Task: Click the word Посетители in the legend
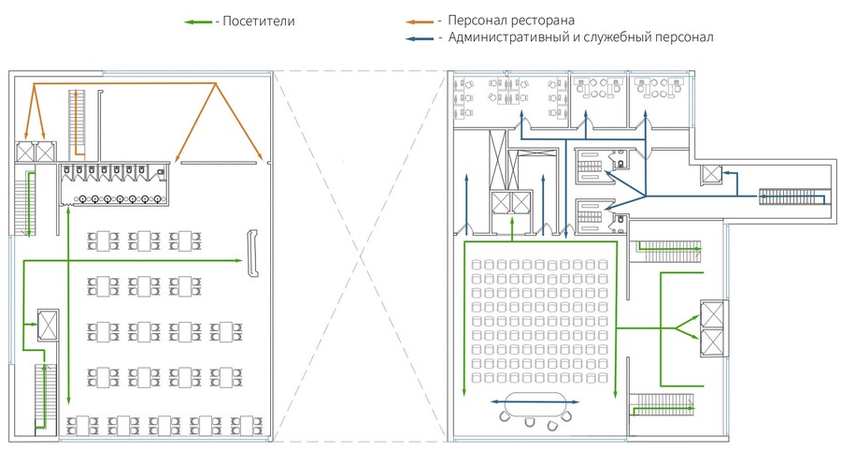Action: (x=259, y=22)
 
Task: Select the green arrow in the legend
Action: (x=198, y=22)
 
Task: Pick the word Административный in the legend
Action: (x=501, y=37)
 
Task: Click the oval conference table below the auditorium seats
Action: (x=534, y=401)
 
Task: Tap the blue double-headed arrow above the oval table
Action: (x=535, y=401)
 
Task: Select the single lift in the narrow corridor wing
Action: (x=711, y=174)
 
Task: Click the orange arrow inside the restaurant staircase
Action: (x=78, y=124)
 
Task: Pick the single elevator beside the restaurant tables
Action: (x=48, y=325)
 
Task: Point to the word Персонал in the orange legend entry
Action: (x=477, y=22)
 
